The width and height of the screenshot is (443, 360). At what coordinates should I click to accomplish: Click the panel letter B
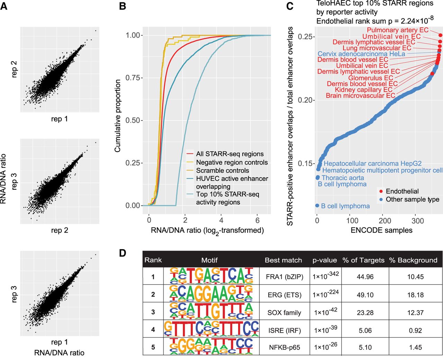point(123,6)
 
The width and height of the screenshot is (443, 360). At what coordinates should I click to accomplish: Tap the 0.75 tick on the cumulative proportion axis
point(132,78)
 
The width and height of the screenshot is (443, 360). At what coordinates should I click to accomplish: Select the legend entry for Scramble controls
point(222,171)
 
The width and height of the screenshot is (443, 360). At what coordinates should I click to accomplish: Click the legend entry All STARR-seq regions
point(229,154)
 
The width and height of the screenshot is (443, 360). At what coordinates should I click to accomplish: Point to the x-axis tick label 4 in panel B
point(221,220)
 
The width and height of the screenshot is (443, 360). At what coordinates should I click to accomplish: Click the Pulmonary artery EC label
point(398,30)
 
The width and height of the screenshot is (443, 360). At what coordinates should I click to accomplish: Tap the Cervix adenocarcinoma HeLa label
point(361,54)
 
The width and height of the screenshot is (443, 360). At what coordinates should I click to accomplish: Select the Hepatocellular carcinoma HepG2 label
point(372,163)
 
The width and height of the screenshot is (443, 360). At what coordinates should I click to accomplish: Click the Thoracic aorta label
point(343,178)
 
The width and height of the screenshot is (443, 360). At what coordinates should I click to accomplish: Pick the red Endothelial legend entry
point(402,191)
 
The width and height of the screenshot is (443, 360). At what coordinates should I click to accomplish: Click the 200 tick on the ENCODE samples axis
point(385,220)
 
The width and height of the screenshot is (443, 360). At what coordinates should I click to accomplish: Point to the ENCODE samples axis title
point(381,230)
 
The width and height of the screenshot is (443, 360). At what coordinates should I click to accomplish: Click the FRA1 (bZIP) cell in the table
point(284,277)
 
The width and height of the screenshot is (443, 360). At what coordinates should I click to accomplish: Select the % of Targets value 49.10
point(365,295)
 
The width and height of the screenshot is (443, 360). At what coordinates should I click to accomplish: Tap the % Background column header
point(413,260)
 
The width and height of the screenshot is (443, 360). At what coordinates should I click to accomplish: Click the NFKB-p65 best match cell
point(284,347)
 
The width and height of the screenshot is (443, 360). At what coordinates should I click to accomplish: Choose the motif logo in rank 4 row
point(211,329)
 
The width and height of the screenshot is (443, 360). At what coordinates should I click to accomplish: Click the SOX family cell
point(284,313)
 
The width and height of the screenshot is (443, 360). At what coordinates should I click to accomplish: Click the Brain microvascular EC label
point(360,96)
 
